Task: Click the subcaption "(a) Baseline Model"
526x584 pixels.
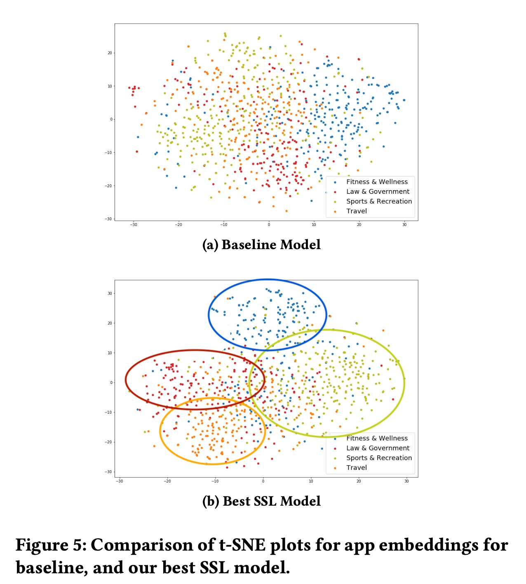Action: (261, 245)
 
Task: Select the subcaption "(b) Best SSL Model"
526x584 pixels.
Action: (261, 501)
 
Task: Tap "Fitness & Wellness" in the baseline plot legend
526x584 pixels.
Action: (377, 182)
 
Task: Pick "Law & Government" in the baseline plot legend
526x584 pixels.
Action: (378, 192)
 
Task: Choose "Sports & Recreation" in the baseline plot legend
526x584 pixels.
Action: (379, 201)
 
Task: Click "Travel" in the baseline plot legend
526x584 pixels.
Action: (357, 211)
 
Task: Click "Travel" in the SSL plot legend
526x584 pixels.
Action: (357, 468)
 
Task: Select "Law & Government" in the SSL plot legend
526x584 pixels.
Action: (378, 448)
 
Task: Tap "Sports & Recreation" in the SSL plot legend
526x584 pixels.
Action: (379, 458)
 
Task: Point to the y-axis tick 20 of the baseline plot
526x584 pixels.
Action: (110, 53)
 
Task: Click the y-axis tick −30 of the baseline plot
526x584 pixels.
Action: (108, 219)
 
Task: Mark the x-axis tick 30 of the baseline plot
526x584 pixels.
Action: (404, 225)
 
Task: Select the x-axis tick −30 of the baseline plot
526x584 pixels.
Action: (133, 225)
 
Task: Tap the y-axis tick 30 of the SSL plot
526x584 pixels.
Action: (110, 294)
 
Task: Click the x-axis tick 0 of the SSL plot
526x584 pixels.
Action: (263, 481)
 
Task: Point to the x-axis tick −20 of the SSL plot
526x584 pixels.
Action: (167, 481)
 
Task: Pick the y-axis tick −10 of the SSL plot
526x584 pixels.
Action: (108, 412)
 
